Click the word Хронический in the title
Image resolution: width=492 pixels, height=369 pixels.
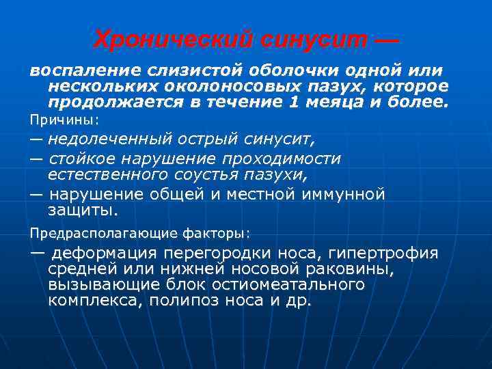[x=172, y=40]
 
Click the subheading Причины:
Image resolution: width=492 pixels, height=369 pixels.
[x=64, y=120]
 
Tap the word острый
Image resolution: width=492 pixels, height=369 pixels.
[x=215, y=140]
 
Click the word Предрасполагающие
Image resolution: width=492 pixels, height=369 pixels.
[x=98, y=232]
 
